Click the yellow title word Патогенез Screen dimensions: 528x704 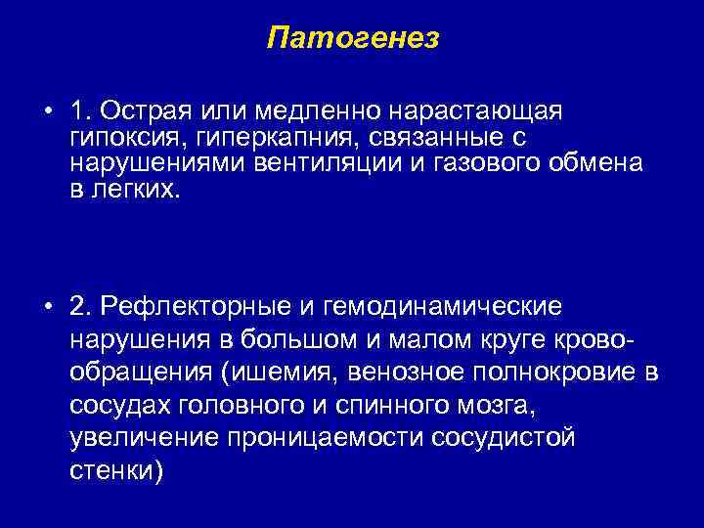tap(352, 38)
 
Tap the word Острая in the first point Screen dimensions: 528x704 tap(147, 110)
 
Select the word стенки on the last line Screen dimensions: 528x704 tap(110, 470)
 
